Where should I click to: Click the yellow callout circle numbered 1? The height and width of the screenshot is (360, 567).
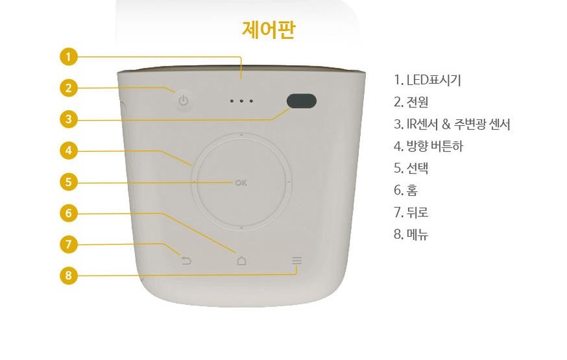69,57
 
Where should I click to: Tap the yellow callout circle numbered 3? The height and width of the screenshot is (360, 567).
69,119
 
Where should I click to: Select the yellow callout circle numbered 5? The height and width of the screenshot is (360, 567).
69,182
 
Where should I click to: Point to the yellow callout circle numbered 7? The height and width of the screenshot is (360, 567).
69,244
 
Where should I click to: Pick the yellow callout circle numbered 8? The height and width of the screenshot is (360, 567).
69,276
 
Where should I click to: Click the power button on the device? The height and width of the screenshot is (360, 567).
184,101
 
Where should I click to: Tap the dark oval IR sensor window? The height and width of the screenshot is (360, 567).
301,102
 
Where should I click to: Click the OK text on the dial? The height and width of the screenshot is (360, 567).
241,183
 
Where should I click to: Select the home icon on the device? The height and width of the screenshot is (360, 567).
241,260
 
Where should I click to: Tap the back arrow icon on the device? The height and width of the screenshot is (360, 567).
186,260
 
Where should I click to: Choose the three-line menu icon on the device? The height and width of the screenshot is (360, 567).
297,260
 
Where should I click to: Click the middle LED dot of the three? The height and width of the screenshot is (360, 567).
241,101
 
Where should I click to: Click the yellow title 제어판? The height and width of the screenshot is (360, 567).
269,30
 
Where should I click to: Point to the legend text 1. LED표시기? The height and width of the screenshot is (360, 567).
427,80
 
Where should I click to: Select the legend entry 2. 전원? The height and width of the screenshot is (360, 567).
411,102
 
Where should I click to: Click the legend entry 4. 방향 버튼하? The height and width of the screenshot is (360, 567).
429,146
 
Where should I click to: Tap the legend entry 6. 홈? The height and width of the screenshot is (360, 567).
405,191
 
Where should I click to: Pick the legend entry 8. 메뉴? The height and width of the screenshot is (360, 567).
411,235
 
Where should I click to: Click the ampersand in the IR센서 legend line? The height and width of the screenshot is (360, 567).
446,125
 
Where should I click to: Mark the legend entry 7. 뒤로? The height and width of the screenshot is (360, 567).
411,212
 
